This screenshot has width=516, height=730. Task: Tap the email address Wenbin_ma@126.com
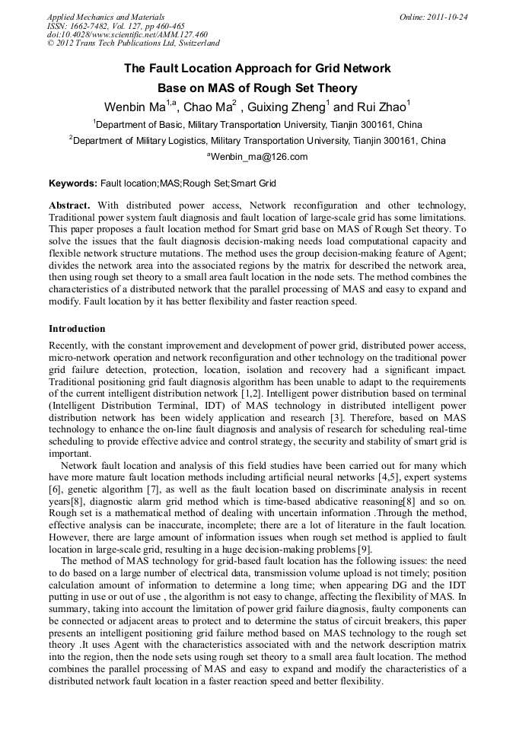point(259,157)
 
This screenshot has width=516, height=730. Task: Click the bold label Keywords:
point(73,183)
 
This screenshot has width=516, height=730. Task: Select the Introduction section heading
point(77,329)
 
